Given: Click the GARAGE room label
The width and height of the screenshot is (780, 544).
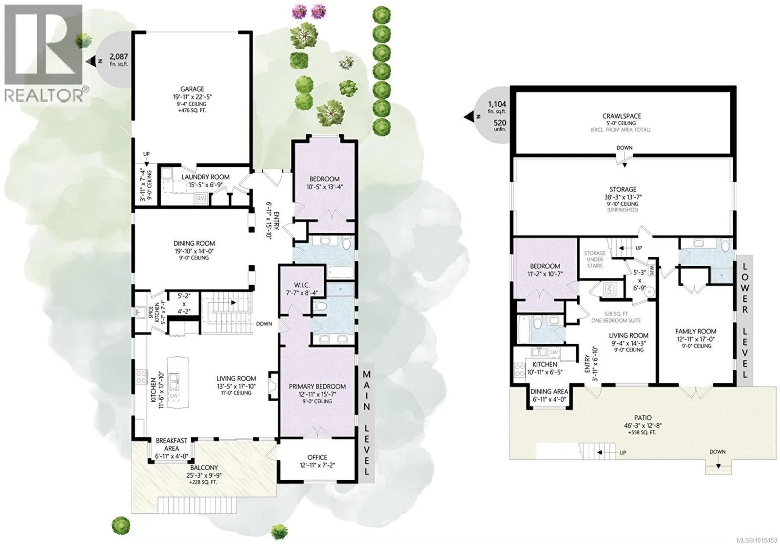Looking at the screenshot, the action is pos(192,89).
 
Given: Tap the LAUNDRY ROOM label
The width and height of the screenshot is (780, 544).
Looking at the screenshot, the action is pos(205,177).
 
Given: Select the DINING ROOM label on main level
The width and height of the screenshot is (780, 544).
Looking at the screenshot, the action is pos(195,243).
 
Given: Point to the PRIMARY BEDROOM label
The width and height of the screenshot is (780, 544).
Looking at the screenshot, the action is pos(317,386).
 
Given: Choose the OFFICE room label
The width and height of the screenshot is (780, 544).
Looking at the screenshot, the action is pos(317,457).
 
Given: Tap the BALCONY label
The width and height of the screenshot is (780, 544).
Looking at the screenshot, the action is pos(204,468).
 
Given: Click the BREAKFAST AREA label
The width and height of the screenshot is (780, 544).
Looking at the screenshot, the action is pos(172,445).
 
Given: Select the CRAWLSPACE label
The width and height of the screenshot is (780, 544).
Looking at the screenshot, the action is pos(622,116).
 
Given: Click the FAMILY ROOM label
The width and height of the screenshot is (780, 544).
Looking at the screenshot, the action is pos(696,331).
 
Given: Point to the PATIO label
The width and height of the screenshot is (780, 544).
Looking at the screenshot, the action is pos(643,418).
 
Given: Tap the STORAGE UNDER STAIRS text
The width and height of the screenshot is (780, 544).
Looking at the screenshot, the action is pos(595,259).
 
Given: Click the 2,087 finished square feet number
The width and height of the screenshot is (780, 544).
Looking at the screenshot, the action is pos(119,56).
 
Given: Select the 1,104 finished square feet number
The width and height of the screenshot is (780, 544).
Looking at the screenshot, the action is pos(497,104).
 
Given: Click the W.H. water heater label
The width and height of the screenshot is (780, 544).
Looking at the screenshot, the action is pos(652,269).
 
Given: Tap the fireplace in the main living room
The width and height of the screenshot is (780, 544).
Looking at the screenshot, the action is pos(273,386).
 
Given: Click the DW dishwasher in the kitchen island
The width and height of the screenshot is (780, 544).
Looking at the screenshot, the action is pos(174,396).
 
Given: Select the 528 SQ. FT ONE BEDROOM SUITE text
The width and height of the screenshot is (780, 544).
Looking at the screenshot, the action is pos(616,317).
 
